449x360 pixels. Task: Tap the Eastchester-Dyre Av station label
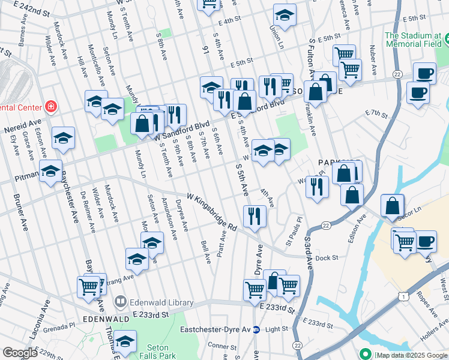(x=216, y=329)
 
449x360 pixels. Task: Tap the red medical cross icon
(x=52, y=107)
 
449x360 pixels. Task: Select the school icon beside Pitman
(x=51, y=171)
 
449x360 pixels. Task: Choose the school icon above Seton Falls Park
(x=125, y=341)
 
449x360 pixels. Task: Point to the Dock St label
(x=327, y=257)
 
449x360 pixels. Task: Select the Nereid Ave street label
(x=19, y=129)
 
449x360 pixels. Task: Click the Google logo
(x=20, y=352)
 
